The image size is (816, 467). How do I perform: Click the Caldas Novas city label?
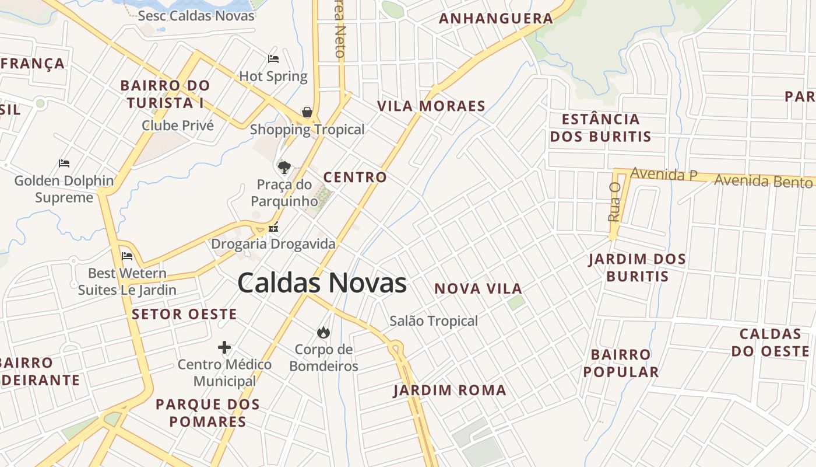tap(322, 283)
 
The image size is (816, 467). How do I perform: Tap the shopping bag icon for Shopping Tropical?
tap(307, 112)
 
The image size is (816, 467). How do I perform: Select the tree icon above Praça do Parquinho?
tap(284, 168)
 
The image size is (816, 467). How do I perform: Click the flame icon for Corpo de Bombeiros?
tap(323, 332)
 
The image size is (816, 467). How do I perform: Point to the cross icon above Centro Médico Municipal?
tap(224, 348)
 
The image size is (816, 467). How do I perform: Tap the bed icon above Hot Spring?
tap(273, 58)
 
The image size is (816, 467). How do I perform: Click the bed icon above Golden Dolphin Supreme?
tap(64, 163)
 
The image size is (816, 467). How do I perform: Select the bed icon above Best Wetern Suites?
tap(127, 256)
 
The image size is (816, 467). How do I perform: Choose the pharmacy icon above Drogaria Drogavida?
tap(273, 228)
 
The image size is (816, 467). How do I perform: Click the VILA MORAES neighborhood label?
tap(431, 106)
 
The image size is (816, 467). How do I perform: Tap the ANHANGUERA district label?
tap(496, 19)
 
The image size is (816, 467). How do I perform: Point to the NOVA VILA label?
tap(479, 288)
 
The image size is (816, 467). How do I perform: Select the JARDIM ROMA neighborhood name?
tap(450, 391)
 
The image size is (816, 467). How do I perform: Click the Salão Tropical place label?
tap(434, 320)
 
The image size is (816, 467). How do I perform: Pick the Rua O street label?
tap(614, 201)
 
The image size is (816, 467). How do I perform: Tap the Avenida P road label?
tap(664, 174)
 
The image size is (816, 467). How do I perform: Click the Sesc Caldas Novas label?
tap(196, 16)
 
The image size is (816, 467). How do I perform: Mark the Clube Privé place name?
tap(178, 126)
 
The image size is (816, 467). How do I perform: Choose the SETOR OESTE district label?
tap(184, 314)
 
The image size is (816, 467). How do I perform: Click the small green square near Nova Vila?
tap(515, 302)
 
